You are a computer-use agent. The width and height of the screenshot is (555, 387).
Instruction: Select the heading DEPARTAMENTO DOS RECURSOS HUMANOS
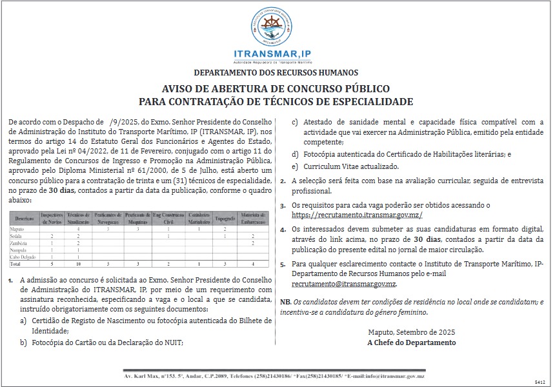[276, 73]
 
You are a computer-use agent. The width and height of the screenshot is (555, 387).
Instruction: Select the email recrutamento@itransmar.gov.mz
[343, 284]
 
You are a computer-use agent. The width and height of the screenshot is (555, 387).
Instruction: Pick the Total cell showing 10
[78, 264]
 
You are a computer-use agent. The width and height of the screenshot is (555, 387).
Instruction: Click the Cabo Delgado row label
[24, 257]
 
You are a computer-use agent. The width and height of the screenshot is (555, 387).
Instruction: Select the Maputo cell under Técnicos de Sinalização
[78, 229]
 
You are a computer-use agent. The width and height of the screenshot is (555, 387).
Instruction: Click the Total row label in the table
[16, 264]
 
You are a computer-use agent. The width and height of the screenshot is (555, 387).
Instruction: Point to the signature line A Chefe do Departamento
[411, 342]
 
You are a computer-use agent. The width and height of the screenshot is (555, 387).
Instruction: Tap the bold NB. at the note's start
[285, 302]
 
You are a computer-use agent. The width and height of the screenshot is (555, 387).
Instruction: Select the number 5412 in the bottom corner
[540, 382]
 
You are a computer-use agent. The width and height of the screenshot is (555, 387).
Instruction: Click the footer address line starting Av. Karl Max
[276, 375]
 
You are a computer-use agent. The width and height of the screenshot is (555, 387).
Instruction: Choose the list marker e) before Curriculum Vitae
[295, 166]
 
